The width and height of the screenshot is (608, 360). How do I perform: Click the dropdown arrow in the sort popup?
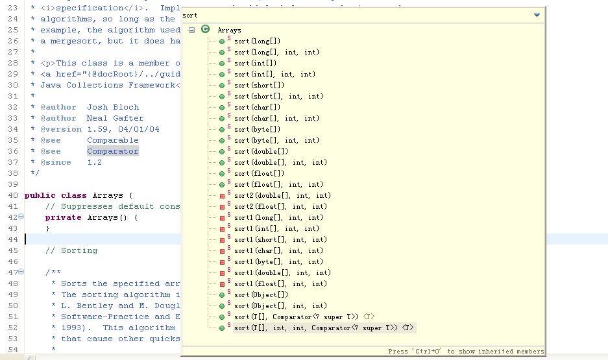537,15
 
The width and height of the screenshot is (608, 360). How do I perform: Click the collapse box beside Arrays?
191,30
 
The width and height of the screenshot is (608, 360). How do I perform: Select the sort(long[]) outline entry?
257,41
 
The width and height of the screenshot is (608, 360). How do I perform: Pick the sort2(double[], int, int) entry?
282,195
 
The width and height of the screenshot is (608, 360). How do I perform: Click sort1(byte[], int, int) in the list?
278,261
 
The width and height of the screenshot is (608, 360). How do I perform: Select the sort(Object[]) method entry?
261,295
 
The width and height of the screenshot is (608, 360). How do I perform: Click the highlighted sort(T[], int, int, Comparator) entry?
324,328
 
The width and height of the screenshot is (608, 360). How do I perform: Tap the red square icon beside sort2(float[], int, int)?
222,207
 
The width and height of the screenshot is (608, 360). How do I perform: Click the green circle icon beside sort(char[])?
222,108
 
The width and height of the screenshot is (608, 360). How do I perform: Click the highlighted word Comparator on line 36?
112,151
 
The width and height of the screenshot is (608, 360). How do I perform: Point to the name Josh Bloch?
113,107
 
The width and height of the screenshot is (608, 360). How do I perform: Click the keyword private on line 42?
63,217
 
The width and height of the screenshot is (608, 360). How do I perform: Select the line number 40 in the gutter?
13,195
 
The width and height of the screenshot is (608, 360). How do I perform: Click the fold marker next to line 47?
21,272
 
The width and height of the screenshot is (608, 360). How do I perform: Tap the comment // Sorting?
71,251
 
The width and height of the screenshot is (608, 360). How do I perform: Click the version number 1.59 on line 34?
97,130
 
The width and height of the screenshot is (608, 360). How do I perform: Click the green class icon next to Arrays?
205,29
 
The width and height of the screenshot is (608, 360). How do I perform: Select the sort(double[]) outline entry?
261,152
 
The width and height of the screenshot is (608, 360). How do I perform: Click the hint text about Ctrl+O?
466,352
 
